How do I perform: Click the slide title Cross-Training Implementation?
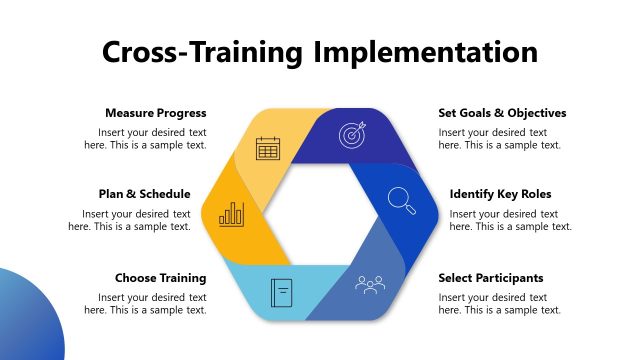(x=320, y=52)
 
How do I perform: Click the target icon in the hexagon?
(x=352, y=134)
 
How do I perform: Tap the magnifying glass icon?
(x=402, y=200)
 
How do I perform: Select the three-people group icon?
(x=370, y=285)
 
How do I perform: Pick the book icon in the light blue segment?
(x=282, y=293)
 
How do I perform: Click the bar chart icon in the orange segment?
(x=233, y=213)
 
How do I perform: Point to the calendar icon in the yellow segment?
(x=267, y=149)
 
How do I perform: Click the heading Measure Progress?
(x=155, y=113)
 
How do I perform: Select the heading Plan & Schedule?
(x=144, y=194)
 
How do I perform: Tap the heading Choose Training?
(x=160, y=278)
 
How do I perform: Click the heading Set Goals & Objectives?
(x=502, y=113)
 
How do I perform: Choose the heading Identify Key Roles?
(x=500, y=194)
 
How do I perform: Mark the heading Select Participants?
(x=491, y=278)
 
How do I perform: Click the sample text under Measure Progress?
(x=151, y=139)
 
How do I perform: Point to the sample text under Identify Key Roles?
(x=510, y=220)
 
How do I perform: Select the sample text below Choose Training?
(x=151, y=304)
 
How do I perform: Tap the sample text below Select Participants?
(x=499, y=304)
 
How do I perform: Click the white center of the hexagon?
(x=320, y=214)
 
